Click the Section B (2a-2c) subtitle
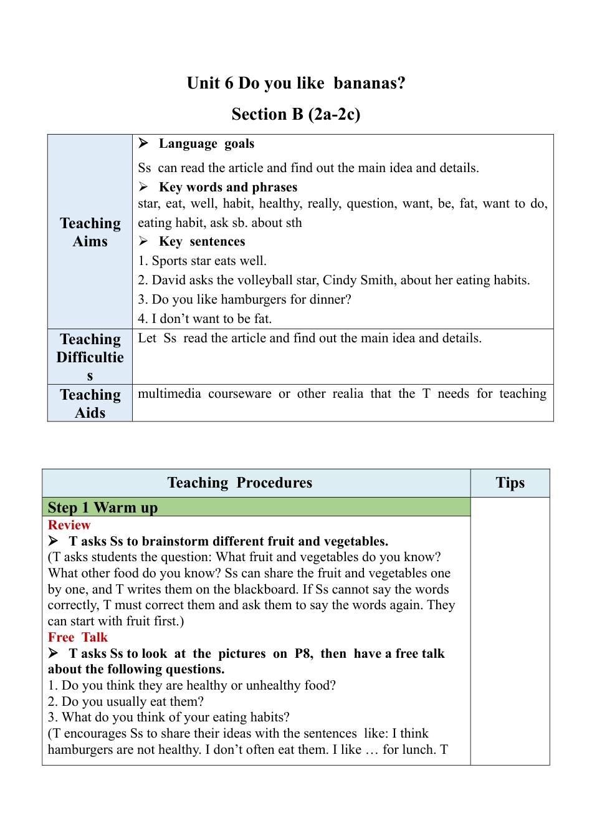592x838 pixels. (x=296, y=114)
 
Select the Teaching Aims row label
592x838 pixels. (x=90, y=232)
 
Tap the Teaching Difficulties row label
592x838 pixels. (x=90, y=357)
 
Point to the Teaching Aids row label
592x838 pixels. (x=90, y=403)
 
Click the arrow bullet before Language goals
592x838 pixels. (x=143, y=143)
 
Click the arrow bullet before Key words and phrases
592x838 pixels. (x=143, y=187)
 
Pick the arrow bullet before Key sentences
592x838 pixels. (x=143, y=241)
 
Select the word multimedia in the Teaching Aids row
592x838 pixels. (x=169, y=393)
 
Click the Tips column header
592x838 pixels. (x=510, y=483)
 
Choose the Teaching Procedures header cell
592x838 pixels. (x=240, y=483)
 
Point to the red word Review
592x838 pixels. (x=69, y=525)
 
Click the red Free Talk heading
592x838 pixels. (x=78, y=637)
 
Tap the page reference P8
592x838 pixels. (x=303, y=653)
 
